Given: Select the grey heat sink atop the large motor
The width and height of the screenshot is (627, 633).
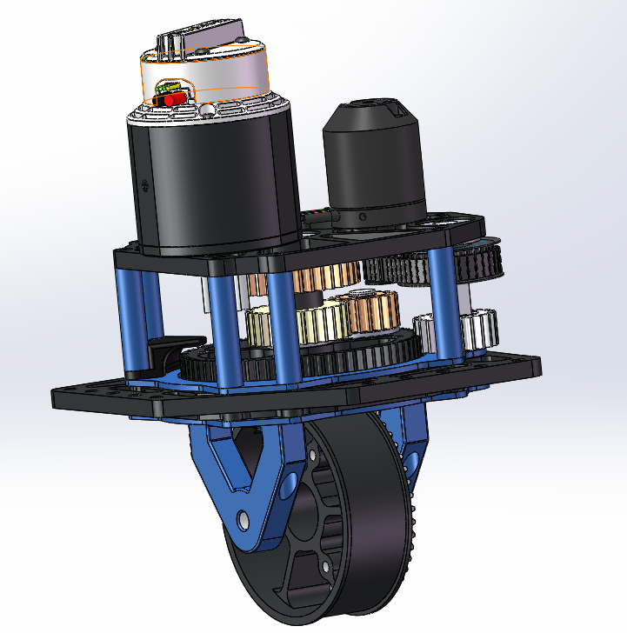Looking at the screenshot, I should tap(200, 39).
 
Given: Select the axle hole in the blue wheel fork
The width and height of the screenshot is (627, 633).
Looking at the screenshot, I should tap(243, 519).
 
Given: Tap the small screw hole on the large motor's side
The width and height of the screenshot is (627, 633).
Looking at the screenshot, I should tap(144, 183).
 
